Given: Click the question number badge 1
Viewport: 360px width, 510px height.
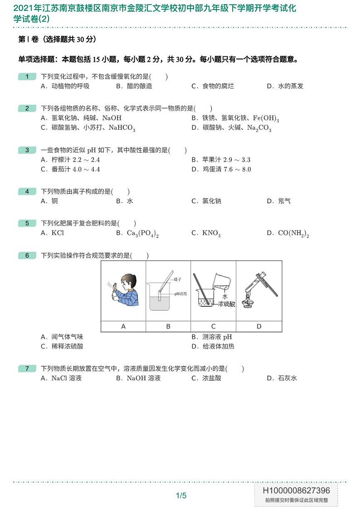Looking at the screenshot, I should [27, 77].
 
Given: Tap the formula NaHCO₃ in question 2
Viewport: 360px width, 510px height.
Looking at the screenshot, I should [122, 128].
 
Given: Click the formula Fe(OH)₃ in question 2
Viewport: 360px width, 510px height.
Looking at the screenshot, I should [266, 118].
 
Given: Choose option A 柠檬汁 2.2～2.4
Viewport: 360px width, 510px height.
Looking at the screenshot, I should [70, 160].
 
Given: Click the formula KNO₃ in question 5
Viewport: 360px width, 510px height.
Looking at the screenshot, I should [211, 233].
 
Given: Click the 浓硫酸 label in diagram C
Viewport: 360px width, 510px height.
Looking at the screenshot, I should [226, 304].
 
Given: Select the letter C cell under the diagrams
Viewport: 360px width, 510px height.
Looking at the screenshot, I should [214, 326].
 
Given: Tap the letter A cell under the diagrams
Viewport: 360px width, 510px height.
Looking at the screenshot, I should [123, 326].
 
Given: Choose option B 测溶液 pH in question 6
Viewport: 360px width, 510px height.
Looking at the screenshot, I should [211, 337].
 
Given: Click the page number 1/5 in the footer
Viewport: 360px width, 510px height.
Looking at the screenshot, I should [181, 495].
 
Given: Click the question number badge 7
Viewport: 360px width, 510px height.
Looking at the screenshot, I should [27, 369].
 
